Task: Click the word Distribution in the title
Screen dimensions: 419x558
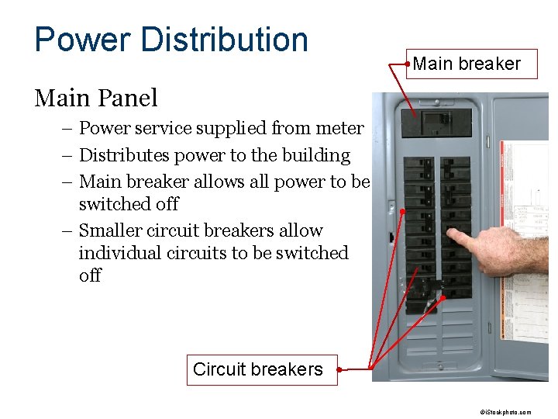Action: pyautogui.click(x=228, y=40)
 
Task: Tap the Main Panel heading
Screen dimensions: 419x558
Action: pyautogui.click(x=96, y=99)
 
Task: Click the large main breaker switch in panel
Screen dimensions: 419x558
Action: pyautogui.click(x=436, y=123)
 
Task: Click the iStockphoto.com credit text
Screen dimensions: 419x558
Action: pyautogui.click(x=505, y=413)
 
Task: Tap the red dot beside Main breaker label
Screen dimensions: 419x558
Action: pyautogui.click(x=408, y=60)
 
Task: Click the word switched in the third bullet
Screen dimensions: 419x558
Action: pyautogui.click(x=129, y=204)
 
